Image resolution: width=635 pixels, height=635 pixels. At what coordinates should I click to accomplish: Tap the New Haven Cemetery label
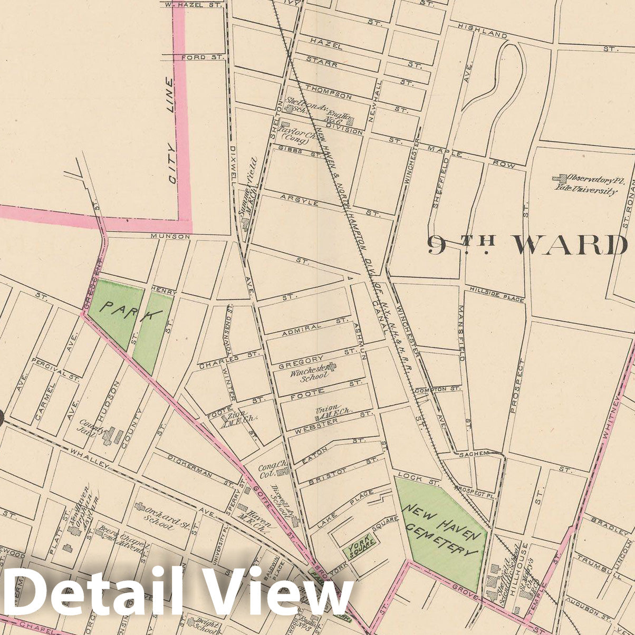pos(442,528)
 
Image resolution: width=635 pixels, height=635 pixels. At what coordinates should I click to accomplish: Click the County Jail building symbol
pos(112,436)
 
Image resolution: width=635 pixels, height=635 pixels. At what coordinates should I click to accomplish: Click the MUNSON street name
pos(170,237)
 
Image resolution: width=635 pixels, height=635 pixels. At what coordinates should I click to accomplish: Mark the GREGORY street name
pos(300,359)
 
